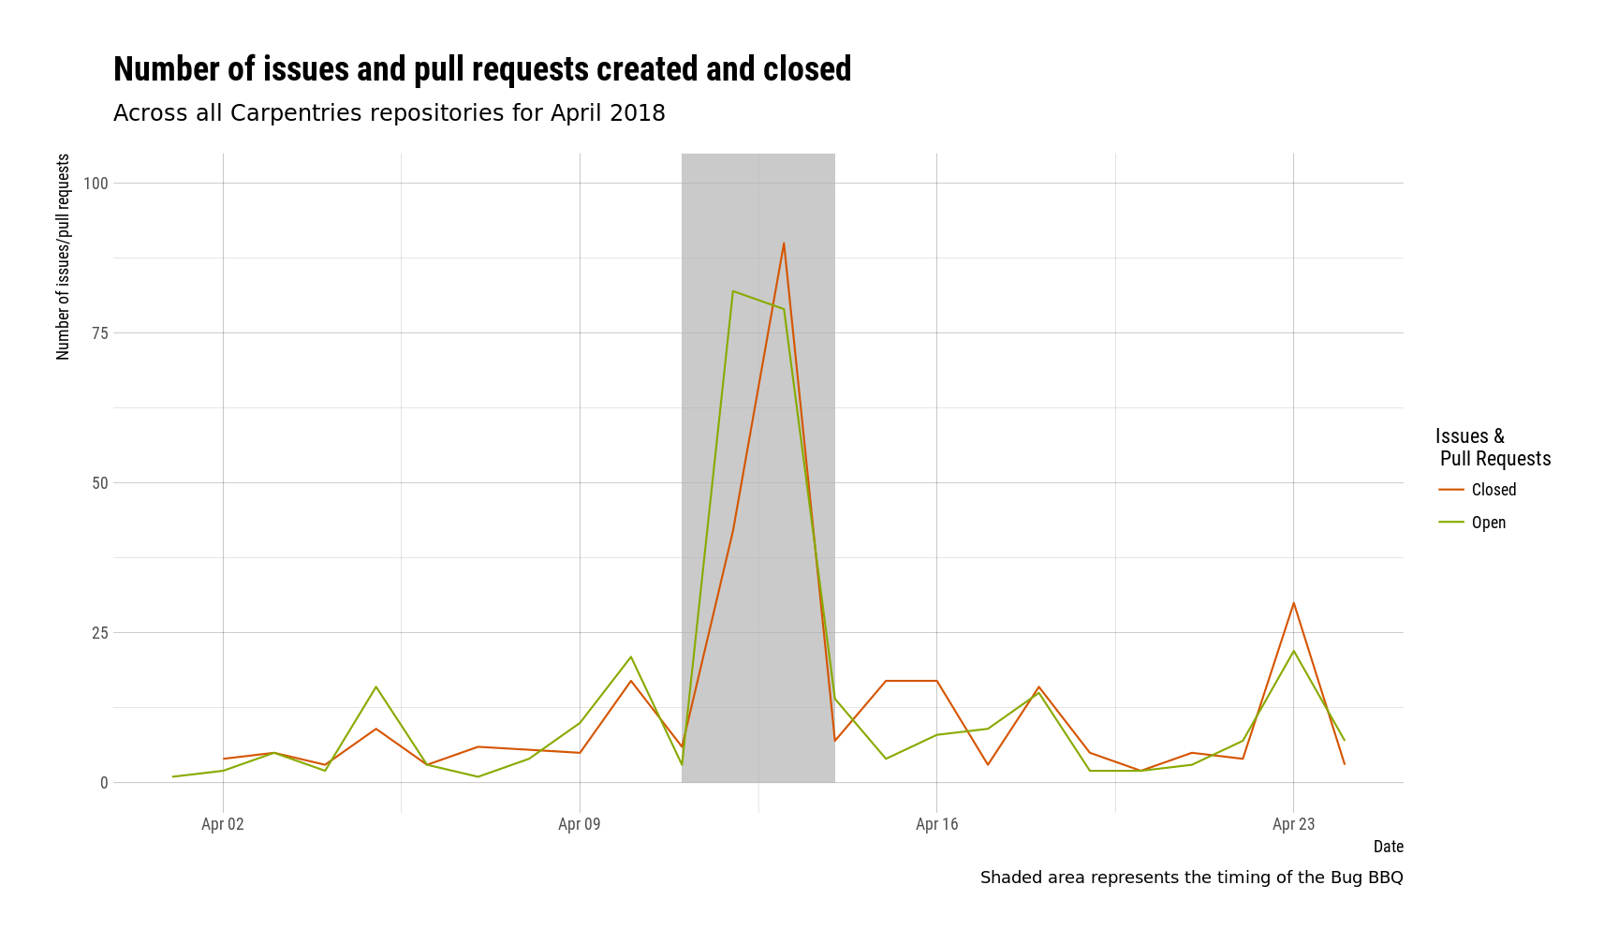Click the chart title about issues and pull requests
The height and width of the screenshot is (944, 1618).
482,70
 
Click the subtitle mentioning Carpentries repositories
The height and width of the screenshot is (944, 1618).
390,113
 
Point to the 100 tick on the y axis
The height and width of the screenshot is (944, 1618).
96,184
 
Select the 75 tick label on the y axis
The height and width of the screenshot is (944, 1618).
99,333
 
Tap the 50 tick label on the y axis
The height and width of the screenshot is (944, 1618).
99,483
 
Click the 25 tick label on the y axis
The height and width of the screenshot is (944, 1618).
99,633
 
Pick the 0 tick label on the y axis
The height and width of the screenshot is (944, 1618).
104,783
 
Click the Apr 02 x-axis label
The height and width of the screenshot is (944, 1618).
223,824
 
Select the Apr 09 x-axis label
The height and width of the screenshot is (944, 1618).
580,824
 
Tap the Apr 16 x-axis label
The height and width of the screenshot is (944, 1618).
936,824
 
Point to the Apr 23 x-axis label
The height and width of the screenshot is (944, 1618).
1293,824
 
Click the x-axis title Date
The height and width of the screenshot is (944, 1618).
1388,847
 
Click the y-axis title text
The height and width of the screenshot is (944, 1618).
64,257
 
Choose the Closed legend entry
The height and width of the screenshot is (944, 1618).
1493,490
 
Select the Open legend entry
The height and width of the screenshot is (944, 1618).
1488,523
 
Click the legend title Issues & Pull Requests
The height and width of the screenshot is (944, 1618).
1493,448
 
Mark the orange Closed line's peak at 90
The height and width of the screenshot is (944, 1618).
784,243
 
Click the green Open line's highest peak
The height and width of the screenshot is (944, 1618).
733,291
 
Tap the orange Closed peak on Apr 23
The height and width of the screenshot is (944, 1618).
1293,603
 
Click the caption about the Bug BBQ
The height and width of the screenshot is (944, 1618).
1191,878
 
